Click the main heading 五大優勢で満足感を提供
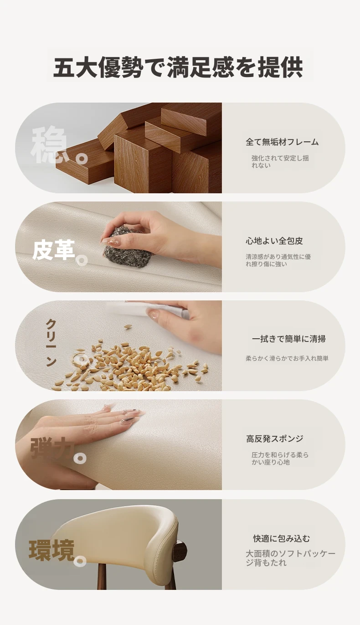click(178, 67)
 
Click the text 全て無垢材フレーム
click(282, 142)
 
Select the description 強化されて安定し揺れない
click(280, 161)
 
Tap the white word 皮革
click(53, 250)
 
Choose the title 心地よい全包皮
click(274, 241)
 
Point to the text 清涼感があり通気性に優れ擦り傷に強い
click(278, 260)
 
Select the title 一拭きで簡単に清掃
click(288, 339)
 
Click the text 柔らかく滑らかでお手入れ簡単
click(287, 358)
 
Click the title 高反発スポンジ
click(275, 439)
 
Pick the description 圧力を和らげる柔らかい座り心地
click(280, 459)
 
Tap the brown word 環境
click(52, 550)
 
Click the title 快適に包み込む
click(281, 538)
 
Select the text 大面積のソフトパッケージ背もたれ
click(290, 558)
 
